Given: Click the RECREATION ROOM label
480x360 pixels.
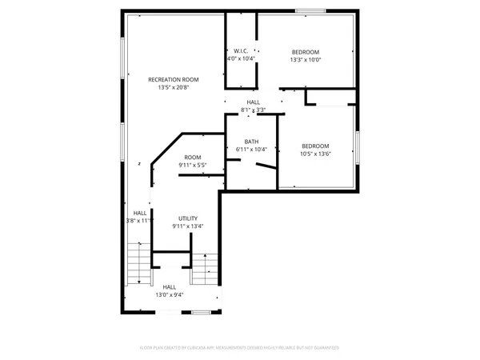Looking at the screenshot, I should (x=173, y=80).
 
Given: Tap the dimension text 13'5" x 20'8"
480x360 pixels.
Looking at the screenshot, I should (x=173, y=88).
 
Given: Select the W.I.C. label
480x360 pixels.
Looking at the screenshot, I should (x=241, y=50).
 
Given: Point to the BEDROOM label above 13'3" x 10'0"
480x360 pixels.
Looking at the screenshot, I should (x=305, y=50).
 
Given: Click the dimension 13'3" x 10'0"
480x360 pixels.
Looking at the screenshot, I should (x=305, y=59).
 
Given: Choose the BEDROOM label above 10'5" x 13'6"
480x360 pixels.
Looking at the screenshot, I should (x=316, y=145).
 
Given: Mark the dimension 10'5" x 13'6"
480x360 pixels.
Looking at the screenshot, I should (x=316, y=154).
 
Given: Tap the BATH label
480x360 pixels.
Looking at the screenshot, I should (x=251, y=142).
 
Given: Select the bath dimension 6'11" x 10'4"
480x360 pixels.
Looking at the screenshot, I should (x=251, y=150).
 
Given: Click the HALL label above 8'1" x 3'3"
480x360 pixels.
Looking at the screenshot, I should (x=253, y=102).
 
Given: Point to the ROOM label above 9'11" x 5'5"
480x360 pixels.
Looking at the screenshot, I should (x=192, y=157).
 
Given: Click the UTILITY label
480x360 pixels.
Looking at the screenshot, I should (x=188, y=218).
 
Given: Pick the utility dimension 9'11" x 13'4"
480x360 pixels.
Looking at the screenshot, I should (x=188, y=226).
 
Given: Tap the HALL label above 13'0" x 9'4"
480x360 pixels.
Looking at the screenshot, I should (x=170, y=286).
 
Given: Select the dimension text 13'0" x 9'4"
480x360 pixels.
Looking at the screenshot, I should (x=170, y=295).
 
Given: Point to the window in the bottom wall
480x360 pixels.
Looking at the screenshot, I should (x=202, y=312).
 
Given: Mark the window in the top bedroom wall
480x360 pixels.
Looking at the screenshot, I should (x=310, y=10).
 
